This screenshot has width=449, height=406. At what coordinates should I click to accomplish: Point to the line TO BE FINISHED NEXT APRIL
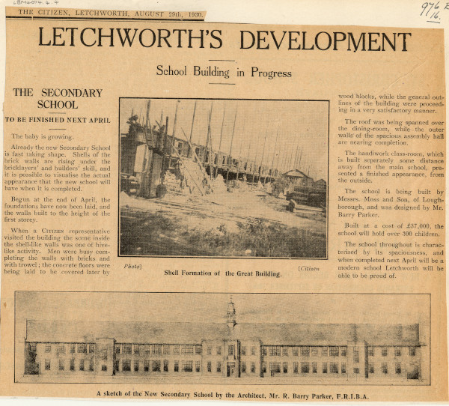coord(58,120)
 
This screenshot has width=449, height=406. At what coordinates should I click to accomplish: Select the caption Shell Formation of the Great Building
coord(223,273)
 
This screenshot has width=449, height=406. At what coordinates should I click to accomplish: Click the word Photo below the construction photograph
coord(132,266)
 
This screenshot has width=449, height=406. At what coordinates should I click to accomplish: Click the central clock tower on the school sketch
coord(231,313)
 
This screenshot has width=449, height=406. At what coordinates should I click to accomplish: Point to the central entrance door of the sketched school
coord(231,368)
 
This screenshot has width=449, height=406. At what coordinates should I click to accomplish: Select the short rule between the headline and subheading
coord(222,61)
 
